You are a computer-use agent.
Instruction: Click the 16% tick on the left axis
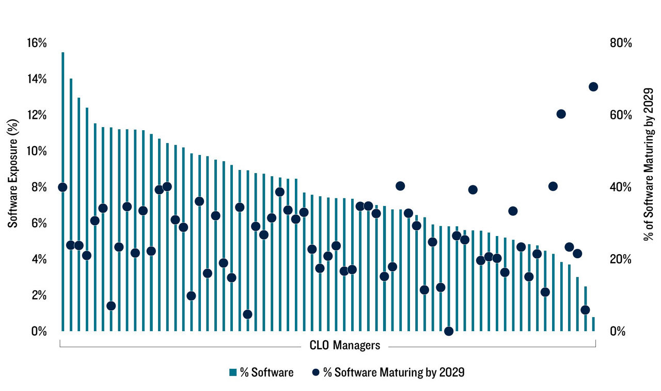[37, 43]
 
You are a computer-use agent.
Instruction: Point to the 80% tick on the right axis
[621, 43]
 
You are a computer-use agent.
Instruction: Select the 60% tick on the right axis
[621, 115]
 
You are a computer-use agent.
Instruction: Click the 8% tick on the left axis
[39, 187]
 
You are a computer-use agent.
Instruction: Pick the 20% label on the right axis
[621, 259]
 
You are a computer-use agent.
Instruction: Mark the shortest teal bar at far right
[593, 324]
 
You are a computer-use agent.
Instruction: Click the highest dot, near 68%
[593, 87]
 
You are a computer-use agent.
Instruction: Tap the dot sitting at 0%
[449, 331]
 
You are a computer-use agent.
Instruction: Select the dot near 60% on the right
[561, 114]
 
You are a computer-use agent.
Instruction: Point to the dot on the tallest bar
[62, 187]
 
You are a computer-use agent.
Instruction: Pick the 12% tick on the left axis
[37, 115]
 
